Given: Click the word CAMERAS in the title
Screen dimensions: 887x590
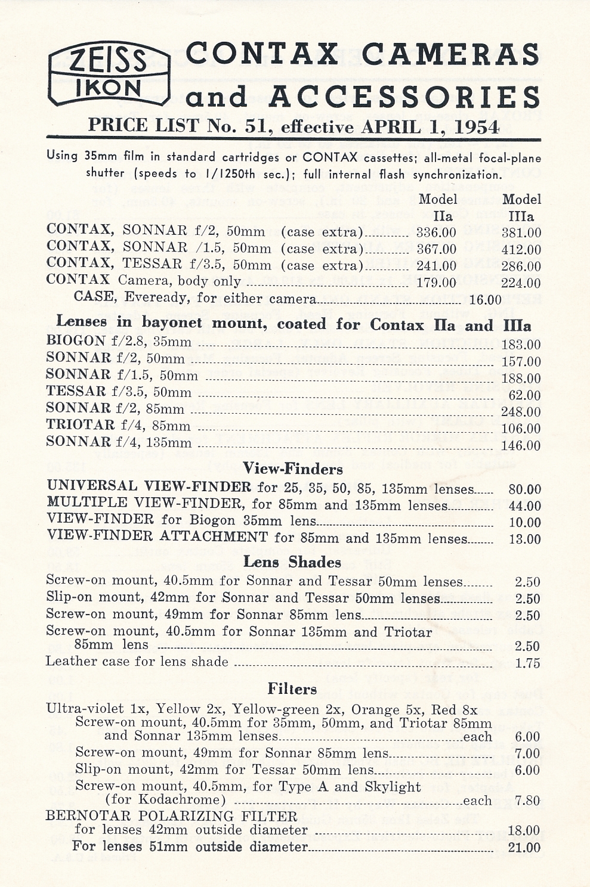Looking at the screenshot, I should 451,54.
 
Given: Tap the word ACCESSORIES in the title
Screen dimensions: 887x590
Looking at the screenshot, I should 404,97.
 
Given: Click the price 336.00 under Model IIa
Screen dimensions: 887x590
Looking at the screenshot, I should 436,232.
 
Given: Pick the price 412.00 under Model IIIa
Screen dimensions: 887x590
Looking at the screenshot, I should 521,250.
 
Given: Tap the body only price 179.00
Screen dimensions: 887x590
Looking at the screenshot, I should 436,283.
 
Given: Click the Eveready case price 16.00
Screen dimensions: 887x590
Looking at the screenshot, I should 486,300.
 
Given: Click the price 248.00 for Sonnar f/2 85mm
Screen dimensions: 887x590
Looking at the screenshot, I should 521,412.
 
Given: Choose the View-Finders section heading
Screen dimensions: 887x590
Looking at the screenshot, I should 293,469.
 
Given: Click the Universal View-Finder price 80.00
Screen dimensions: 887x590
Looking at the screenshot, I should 524,489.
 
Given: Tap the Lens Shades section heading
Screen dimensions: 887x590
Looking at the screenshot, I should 292,562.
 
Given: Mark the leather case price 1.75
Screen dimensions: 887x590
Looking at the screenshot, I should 527,663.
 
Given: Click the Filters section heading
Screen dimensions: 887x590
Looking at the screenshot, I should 292,689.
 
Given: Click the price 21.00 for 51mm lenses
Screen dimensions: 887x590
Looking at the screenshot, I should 524,848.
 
